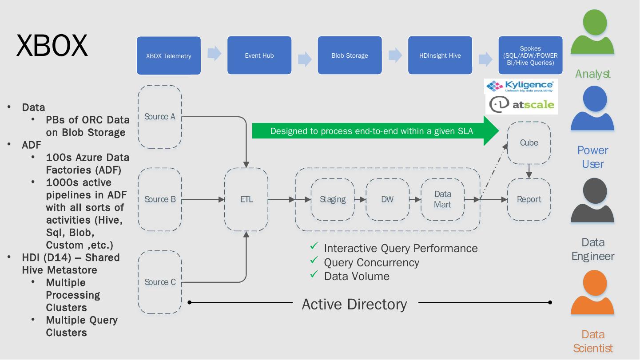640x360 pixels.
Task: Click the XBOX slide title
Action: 52,45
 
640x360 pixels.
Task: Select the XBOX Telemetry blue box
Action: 169,55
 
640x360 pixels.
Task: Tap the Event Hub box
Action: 259,55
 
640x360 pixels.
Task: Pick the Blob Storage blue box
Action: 350,55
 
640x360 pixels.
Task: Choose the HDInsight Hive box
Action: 440,55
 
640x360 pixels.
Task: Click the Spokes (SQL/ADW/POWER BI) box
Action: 530,55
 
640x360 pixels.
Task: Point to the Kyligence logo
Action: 520,86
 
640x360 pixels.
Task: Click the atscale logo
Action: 522,105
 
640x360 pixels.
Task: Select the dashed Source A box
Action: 160,117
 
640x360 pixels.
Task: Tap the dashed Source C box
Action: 160,282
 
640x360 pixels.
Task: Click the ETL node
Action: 246,199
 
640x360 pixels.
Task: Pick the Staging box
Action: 333,199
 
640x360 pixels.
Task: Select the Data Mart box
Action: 442,199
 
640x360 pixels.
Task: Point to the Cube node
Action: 529,143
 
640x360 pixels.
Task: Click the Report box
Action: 529,199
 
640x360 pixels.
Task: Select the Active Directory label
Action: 354,304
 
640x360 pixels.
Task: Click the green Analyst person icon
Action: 592,33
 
